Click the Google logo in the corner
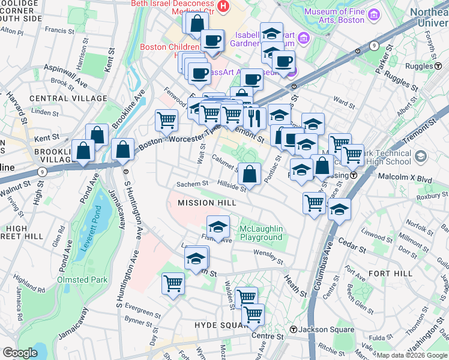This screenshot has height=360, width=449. (20, 352)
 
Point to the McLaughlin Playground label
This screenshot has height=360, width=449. (261, 233)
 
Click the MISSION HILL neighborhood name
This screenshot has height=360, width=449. (204, 203)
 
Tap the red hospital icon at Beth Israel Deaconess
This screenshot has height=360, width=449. (223, 7)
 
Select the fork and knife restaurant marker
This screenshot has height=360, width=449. (256, 118)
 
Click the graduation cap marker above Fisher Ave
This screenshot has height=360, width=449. (218, 226)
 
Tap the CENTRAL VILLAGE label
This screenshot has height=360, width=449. (59, 98)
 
